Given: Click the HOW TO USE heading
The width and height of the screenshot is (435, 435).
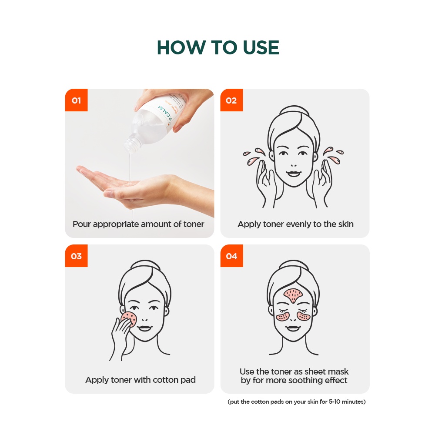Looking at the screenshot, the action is pos(218,47).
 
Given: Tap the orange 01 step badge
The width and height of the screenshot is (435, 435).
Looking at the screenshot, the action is pos(76,100).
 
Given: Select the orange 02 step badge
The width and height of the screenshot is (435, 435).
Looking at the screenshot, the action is pos(232,100).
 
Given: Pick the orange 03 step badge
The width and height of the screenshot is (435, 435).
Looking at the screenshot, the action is pos(76,256).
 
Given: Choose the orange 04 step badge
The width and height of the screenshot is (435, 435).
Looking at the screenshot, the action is pos(232,256).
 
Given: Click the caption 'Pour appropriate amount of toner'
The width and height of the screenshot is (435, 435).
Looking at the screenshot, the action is pos(138,224).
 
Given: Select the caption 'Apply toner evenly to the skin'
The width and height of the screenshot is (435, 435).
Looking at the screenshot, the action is pos(295,224).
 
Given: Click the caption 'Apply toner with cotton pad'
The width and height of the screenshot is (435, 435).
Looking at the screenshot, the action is pos(141,380).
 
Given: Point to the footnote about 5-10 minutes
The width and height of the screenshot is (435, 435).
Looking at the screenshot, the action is pos(297,402).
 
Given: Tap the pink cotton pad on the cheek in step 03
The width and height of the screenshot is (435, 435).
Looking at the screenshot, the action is pos(130,318).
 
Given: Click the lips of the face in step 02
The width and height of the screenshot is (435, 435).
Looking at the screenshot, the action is pos(294,174).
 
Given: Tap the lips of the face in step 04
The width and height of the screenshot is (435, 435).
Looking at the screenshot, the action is pos(293,328).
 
